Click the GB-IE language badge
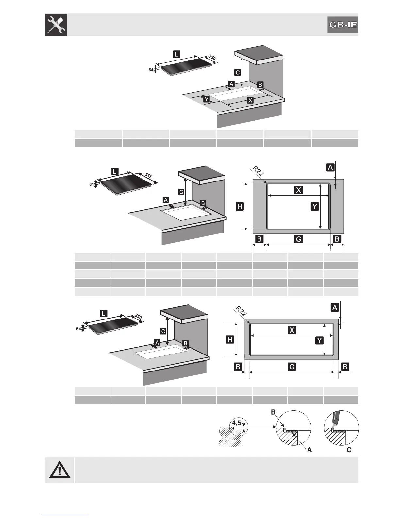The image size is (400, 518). click(343, 25)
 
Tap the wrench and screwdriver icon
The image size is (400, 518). click(56, 25)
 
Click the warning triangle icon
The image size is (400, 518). click(60, 470)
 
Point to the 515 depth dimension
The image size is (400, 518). click(148, 176)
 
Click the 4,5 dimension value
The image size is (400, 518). click(237, 423)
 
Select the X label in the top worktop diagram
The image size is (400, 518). click(250, 100)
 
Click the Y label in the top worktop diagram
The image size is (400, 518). click(206, 99)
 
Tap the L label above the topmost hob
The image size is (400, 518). click(176, 54)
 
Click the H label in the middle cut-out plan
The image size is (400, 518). click(240, 206)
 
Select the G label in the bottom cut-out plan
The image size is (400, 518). click(292, 367)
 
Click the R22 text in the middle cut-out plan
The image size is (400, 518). click(258, 171)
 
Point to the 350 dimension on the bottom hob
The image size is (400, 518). click(138, 317)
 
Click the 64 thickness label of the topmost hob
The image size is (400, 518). click(151, 70)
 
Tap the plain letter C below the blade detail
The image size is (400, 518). click(349, 450)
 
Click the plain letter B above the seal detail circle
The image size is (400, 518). click(273, 412)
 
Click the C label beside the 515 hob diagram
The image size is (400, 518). click(181, 192)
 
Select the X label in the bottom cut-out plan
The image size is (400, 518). click(292, 330)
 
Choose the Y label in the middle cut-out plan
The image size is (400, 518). click(314, 206)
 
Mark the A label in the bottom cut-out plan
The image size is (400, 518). click(334, 307)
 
